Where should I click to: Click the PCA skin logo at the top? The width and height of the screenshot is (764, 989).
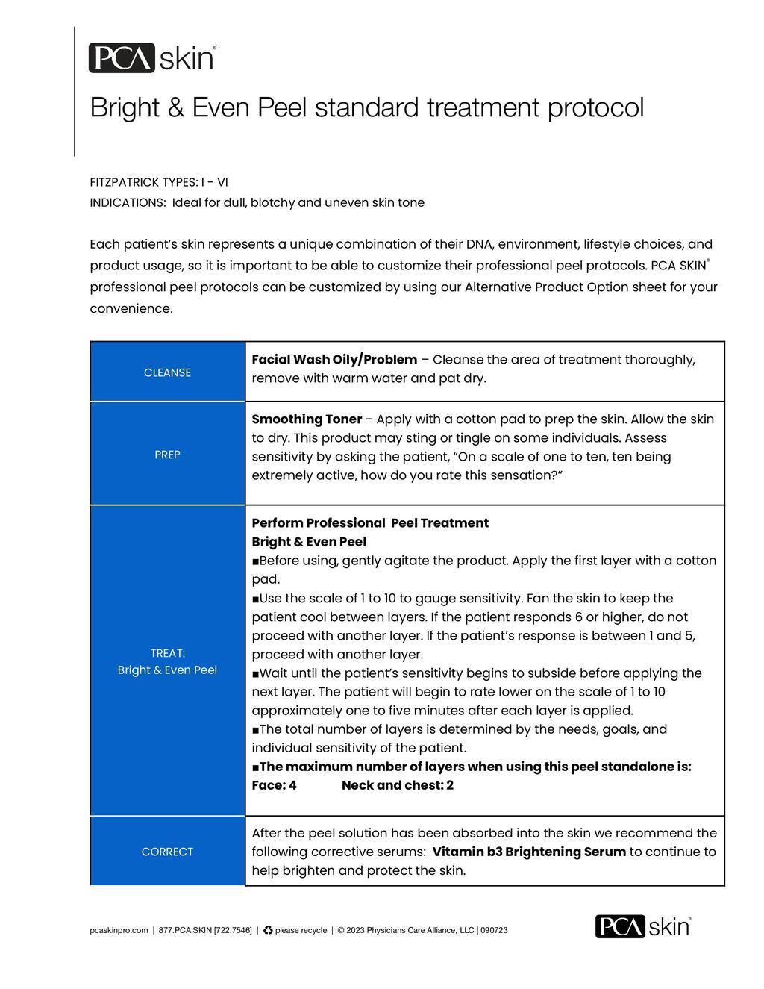[x=152, y=58]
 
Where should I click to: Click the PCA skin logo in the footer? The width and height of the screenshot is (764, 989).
[x=642, y=926]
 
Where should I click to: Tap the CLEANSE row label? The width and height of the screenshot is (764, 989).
[x=167, y=372]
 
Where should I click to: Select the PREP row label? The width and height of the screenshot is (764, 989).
[x=167, y=455]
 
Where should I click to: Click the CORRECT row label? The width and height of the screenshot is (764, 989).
[x=167, y=852]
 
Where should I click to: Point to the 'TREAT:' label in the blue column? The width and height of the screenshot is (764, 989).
[x=167, y=653]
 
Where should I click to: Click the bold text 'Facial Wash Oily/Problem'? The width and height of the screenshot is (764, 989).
[x=334, y=360]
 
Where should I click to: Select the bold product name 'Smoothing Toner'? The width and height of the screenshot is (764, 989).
[x=307, y=419]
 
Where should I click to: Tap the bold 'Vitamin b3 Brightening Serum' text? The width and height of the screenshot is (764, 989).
[x=529, y=852]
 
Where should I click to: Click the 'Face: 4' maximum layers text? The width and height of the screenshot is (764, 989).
[x=274, y=785]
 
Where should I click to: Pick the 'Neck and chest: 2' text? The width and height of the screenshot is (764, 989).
[x=397, y=785]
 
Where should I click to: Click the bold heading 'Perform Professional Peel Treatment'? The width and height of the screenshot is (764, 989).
[x=370, y=523]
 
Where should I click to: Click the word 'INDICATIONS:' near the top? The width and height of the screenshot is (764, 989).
[x=128, y=203]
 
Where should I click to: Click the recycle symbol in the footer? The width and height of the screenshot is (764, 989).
[x=268, y=930]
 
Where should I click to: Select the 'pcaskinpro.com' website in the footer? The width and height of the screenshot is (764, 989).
[x=119, y=930]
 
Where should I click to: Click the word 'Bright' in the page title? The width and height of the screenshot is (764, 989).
[x=125, y=108]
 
